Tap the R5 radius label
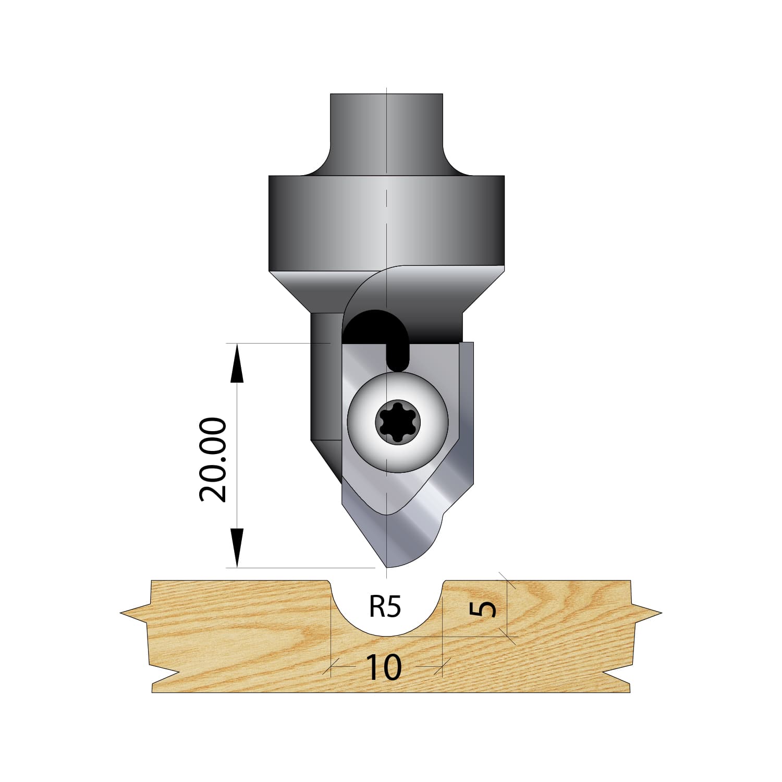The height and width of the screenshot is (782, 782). (385, 607)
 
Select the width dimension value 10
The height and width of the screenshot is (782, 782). (384, 667)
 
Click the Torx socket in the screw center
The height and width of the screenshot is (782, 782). (397, 423)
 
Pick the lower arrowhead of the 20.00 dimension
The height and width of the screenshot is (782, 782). (236, 547)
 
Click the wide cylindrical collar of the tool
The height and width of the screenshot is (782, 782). (386, 223)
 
